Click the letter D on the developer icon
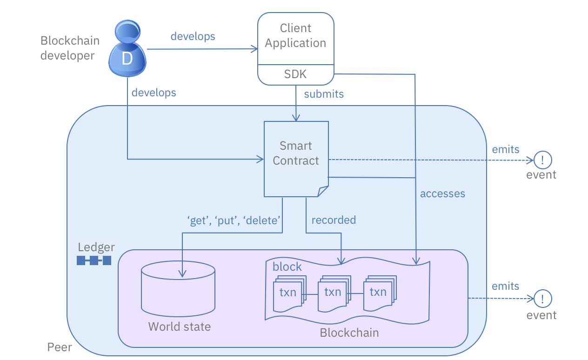click(127, 59)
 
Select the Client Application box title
click(295, 36)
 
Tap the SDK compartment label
click(295, 74)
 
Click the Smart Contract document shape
click(296, 158)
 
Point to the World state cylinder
click(178, 288)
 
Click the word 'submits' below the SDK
click(324, 94)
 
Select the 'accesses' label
click(442, 193)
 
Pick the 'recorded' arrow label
click(334, 220)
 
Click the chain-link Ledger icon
click(94, 260)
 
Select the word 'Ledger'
click(96, 247)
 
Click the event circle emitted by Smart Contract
click(542, 160)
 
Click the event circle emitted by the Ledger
click(542, 298)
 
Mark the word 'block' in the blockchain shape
click(287, 267)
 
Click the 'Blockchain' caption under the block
click(349, 333)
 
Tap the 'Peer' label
click(60, 347)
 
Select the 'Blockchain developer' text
click(70, 48)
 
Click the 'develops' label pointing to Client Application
click(193, 36)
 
